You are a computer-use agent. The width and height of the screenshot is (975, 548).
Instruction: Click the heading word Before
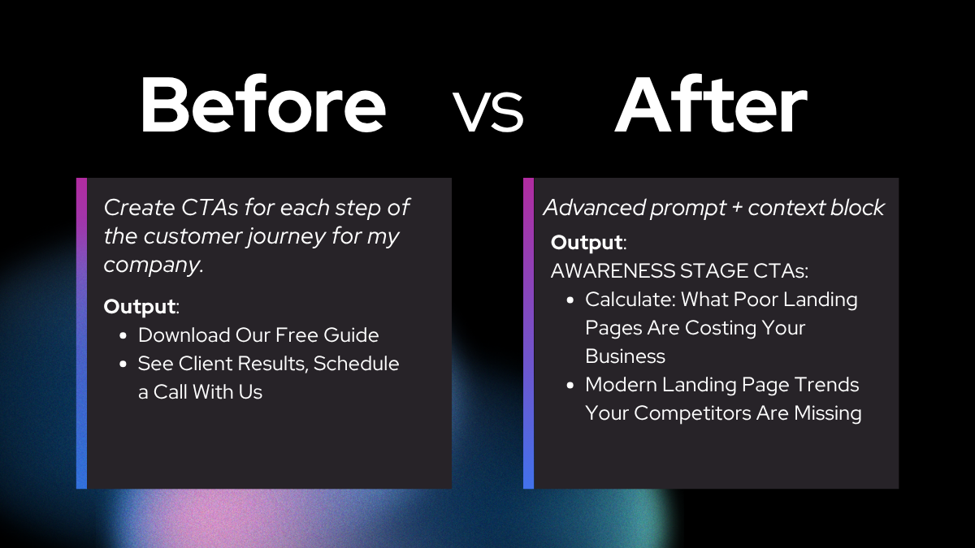263,105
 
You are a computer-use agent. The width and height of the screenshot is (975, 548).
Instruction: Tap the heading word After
711,105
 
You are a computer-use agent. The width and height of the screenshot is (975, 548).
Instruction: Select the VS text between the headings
488,111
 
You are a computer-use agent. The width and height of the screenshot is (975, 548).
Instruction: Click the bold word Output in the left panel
139,307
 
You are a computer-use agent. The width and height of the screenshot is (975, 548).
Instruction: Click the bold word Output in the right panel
587,243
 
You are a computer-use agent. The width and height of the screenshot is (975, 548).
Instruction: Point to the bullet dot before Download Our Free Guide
123,336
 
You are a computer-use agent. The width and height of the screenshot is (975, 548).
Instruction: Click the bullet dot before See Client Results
123,365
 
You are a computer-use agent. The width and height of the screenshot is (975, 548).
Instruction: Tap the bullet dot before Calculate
570,300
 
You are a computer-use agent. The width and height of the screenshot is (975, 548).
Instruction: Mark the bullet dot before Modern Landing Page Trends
570,386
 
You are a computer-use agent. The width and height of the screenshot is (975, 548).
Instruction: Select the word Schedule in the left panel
356,364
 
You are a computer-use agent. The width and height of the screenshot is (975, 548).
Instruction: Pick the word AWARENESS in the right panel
613,271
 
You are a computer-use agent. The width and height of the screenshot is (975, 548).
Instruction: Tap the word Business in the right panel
625,356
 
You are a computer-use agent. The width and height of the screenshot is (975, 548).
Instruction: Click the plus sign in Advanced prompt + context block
737,209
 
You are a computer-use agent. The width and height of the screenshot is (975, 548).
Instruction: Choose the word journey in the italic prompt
287,237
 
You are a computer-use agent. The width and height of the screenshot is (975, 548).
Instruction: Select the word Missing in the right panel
828,413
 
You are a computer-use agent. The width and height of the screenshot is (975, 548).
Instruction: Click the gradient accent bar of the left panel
81,333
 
